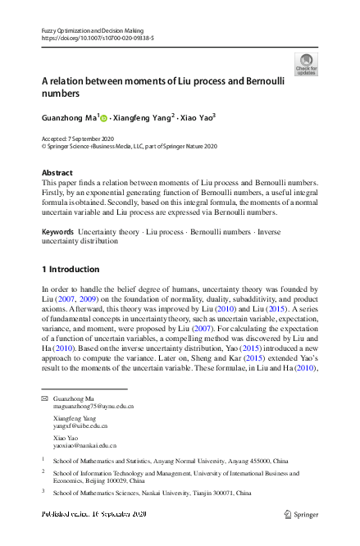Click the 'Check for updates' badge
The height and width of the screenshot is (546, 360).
coord(306,64)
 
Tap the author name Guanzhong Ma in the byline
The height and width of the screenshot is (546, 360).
coord(69,117)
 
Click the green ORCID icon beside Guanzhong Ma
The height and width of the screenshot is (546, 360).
coord(104,118)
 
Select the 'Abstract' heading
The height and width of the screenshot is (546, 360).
coord(56,173)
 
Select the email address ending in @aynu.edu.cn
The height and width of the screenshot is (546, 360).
coord(93,406)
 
